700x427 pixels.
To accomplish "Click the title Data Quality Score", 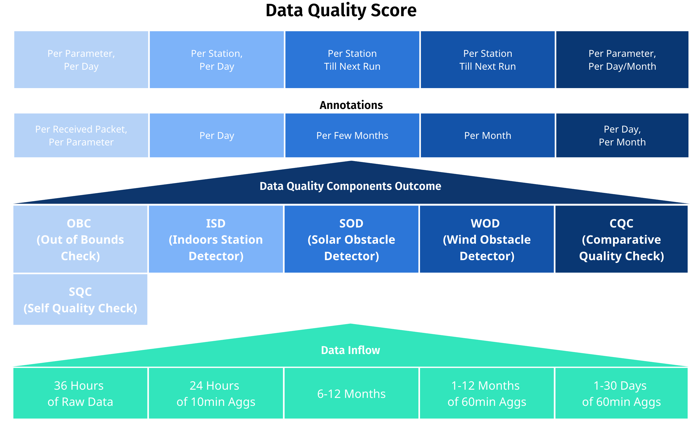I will [x=341, y=11].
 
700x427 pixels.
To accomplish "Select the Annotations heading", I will [x=351, y=105].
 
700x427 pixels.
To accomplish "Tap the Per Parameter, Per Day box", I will [x=81, y=60].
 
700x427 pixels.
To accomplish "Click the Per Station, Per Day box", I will [x=217, y=60].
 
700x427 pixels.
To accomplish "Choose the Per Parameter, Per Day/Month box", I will [x=622, y=60].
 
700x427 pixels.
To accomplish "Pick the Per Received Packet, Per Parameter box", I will [x=81, y=135].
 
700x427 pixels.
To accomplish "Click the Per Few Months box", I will [x=352, y=135].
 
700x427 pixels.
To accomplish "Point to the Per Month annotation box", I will [x=488, y=135].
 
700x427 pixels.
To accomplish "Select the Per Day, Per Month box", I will [x=622, y=135].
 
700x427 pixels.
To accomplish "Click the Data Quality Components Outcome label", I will [x=350, y=186].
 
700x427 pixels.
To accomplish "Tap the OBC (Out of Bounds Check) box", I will [x=80, y=239].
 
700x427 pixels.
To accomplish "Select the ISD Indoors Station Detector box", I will [x=216, y=239].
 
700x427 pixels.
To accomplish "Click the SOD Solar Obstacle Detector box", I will [x=351, y=239].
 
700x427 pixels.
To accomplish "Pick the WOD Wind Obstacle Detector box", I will [x=487, y=239].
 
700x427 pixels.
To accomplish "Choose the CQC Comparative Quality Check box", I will [x=621, y=239].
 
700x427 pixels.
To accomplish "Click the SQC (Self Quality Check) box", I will [x=80, y=299].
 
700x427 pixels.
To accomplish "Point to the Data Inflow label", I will [x=350, y=350].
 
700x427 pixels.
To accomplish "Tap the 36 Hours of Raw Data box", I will [x=80, y=394].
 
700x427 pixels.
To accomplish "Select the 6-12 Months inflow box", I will [x=351, y=394].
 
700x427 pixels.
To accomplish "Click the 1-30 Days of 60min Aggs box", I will [x=621, y=394].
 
